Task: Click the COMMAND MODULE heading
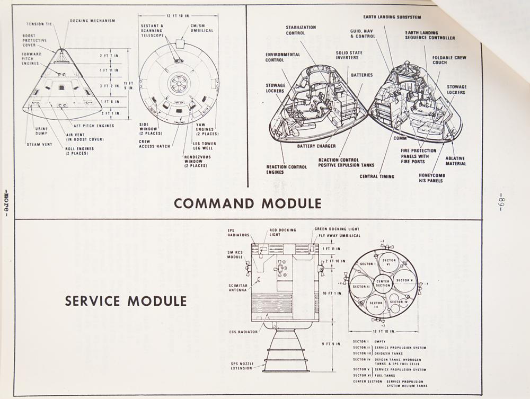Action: point(248,203)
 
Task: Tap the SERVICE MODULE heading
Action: point(126,301)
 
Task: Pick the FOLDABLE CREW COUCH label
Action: point(449,60)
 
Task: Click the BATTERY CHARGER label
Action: point(317,146)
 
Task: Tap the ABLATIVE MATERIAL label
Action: point(456,161)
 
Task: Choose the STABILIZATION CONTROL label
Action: point(301,30)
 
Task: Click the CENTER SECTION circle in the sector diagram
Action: point(383,283)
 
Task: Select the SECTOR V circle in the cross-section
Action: point(404,280)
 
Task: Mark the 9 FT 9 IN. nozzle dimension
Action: point(332,344)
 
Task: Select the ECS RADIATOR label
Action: point(243,332)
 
